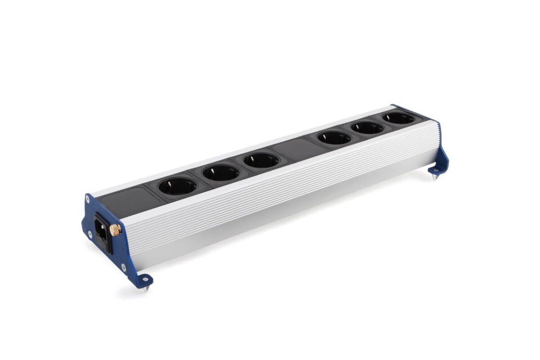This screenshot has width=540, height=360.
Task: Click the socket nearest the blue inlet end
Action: click(x=177, y=186)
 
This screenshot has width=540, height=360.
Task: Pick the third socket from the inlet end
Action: click(x=261, y=160)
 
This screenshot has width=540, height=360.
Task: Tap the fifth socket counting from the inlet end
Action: click(x=367, y=128)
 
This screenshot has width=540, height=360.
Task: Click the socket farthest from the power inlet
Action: click(x=398, y=119)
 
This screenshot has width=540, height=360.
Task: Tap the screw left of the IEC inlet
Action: click(x=90, y=234)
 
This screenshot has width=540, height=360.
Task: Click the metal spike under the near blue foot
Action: click(x=145, y=289)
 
